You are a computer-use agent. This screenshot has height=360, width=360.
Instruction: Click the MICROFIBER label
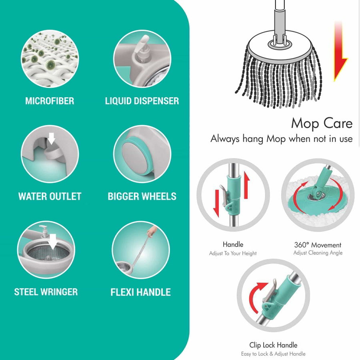[x=50, y=101]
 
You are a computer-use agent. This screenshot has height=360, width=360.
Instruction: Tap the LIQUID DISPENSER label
[x=142, y=101]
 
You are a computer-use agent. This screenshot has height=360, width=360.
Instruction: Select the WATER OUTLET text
[x=50, y=196]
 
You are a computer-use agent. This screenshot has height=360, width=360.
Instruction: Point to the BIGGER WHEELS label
[x=142, y=196]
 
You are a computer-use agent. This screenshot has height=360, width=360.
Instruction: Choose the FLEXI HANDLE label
[x=140, y=292]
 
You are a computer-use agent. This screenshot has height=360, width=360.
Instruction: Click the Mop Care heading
[x=322, y=123]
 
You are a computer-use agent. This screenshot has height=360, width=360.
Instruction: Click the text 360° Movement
[x=318, y=245]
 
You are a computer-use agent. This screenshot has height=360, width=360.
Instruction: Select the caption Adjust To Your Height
[x=233, y=253]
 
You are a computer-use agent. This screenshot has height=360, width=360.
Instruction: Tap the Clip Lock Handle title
[x=273, y=345]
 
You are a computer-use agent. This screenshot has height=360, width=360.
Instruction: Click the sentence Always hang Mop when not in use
[x=282, y=139]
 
